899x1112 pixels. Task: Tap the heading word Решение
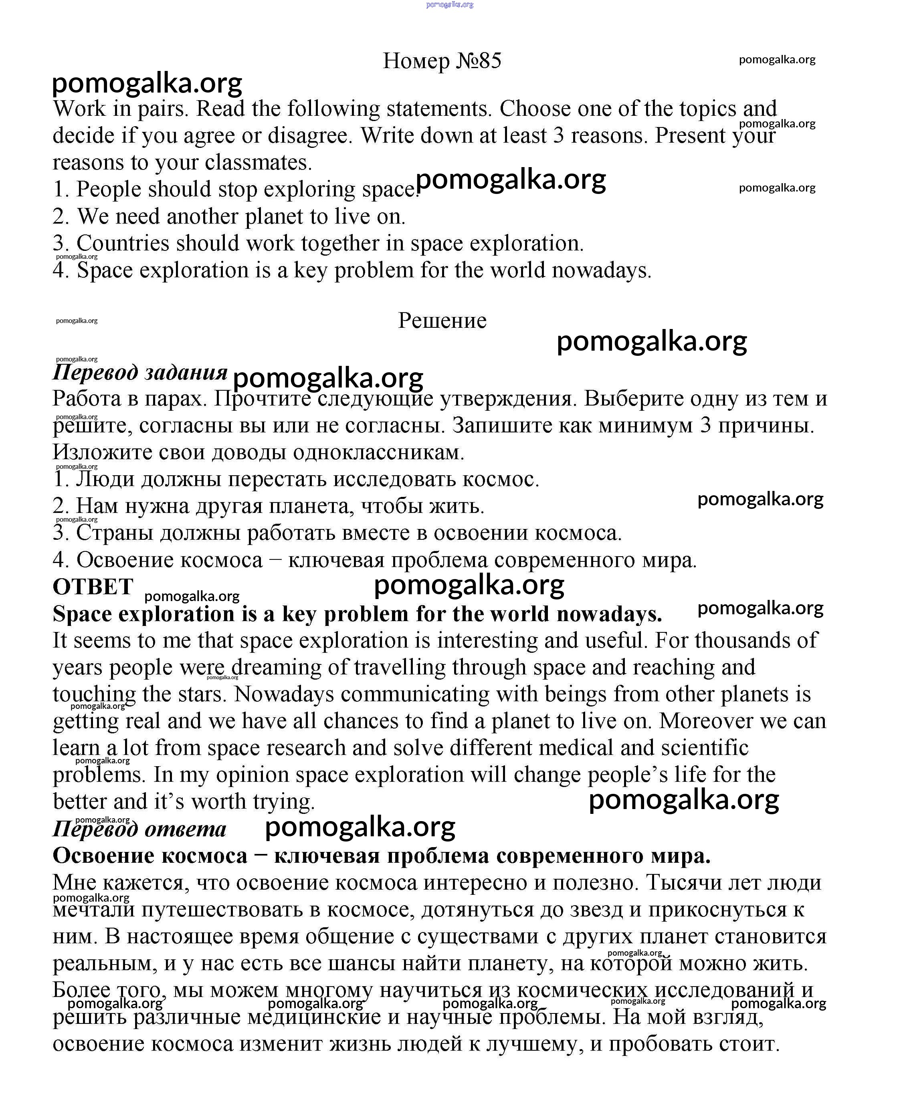click(442, 321)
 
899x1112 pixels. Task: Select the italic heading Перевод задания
click(140, 373)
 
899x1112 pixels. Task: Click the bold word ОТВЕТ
click(93, 587)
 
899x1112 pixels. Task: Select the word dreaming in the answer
click(276, 668)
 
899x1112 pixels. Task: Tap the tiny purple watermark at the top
click(450, 5)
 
